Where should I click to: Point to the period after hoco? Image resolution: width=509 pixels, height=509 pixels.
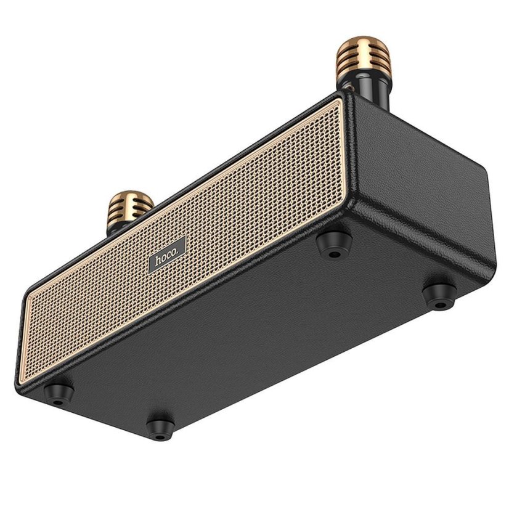178,252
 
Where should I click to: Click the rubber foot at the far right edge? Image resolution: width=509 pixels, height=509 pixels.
440,295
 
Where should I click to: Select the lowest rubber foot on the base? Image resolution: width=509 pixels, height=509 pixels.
160,425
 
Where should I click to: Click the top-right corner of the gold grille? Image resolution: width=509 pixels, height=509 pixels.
341,99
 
